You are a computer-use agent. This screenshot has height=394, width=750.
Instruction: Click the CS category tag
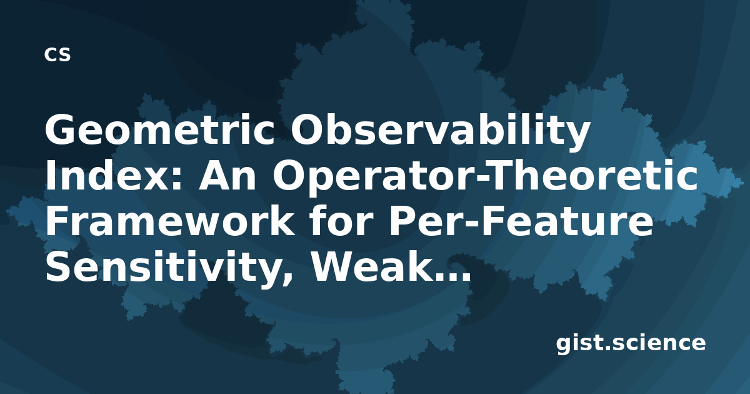[57, 54]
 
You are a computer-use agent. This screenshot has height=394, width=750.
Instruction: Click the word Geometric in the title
[160, 130]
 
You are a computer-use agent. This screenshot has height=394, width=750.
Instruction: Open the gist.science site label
[631, 343]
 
